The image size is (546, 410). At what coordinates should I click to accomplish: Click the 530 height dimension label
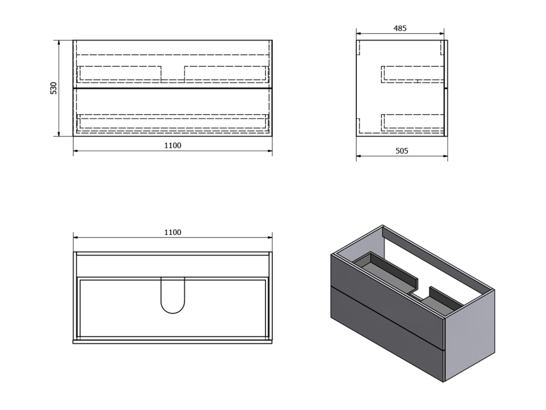pos(53,88)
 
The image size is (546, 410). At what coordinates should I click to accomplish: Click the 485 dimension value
pos(400,28)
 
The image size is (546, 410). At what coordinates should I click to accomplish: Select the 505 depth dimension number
pos(402,151)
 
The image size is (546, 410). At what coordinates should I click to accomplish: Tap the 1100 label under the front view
pos(173,145)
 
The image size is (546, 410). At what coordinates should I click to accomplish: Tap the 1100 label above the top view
pos(173,232)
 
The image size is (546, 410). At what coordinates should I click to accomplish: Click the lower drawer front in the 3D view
pos(387,335)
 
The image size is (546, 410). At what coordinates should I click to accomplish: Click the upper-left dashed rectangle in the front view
pos(119,74)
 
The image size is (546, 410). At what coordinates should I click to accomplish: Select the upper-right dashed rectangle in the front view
pos(227,74)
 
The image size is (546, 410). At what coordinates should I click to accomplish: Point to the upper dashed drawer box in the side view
pos(413,74)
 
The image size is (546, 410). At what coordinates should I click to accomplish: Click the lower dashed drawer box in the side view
pos(413,123)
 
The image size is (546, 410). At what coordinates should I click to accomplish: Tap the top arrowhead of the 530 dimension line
pos(59,43)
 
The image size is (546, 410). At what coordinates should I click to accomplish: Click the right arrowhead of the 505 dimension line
pos(445,156)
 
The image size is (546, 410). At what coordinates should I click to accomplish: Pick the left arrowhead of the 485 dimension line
pos(359,34)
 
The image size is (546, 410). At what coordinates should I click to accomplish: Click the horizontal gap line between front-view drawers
pos(173,88)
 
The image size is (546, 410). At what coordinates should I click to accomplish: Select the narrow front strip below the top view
pos(173,342)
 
